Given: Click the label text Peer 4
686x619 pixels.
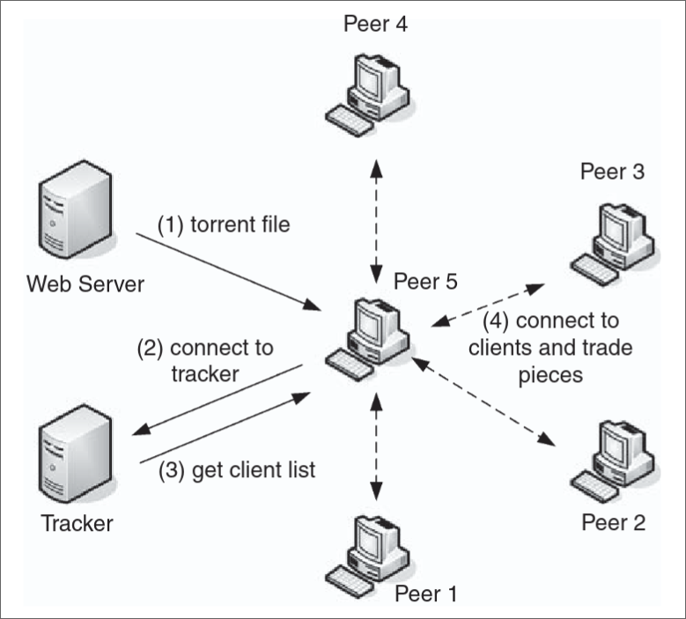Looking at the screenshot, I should [377, 21].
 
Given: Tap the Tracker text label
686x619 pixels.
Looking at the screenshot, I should [77, 523].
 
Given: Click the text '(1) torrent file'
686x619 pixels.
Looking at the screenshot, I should [224, 225].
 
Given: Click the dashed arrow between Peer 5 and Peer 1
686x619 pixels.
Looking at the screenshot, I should [377, 449].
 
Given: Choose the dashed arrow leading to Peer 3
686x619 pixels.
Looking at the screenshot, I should [487, 305].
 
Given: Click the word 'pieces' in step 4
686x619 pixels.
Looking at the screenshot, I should [551, 374].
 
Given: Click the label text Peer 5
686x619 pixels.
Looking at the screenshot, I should [426, 283].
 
